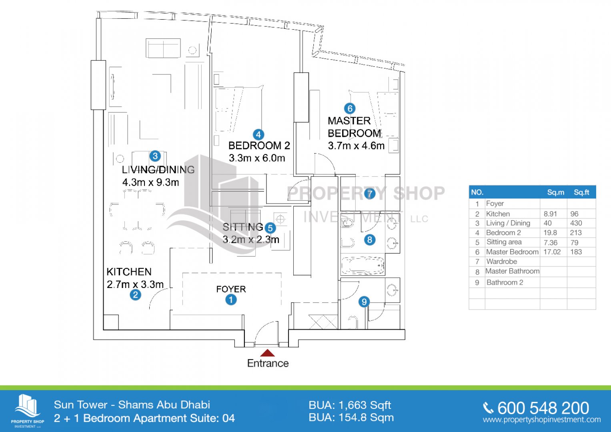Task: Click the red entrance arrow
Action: point(267,353)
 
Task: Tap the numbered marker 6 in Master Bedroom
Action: point(350,108)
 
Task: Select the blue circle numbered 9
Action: point(364,302)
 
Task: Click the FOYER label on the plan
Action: point(231,289)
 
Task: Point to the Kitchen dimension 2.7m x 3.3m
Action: point(135,284)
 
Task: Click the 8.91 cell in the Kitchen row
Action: point(550,214)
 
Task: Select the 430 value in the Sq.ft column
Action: point(576,223)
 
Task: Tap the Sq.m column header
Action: point(556,192)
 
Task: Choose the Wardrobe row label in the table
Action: point(501,262)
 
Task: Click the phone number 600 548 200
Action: point(543,408)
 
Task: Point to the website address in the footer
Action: point(542,420)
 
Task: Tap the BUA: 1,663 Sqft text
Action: point(350,405)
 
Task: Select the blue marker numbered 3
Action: point(155,156)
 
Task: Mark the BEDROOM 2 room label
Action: point(259,146)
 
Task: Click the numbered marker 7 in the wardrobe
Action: point(370,194)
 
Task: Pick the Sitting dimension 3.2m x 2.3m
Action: point(251,240)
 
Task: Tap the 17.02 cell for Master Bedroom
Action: point(552,252)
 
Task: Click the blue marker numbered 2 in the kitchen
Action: point(135,295)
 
